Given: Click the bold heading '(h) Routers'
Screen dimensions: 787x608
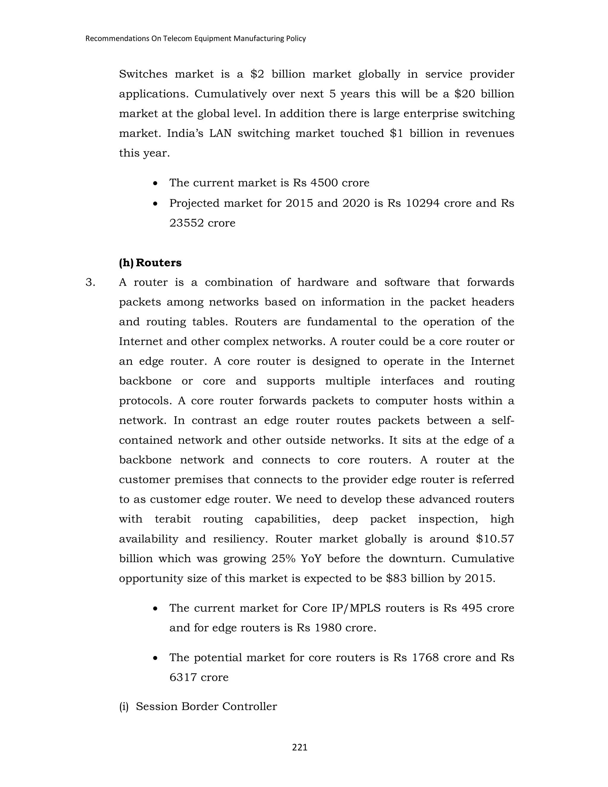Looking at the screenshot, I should [x=150, y=263].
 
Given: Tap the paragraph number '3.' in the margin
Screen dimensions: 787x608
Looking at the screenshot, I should [x=91, y=282].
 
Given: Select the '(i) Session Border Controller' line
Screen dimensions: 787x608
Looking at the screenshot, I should [x=198, y=706].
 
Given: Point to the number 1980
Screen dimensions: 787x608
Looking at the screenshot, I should [x=328, y=628].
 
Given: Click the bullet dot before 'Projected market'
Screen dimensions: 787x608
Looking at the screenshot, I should [x=155, y=204].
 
